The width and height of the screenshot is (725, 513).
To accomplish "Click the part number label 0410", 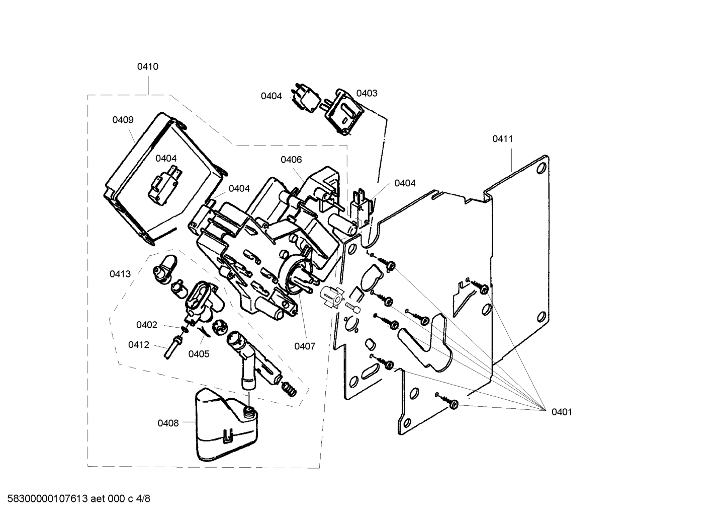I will pyautogui.click(x=148, y=66).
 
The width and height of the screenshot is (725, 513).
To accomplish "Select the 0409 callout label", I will pyautogui.click(x=123, y=120).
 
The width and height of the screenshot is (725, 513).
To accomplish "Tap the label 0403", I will pyautogui.click(x=367, y=93).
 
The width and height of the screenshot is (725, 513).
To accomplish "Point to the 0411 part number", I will pyautogui.click(x=502, y=138).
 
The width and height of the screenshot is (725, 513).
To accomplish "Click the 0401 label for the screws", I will pyautogui.click(x=562, y=412).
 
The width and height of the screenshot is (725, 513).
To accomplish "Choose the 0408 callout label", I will pyautogui.click(x=168, y=423).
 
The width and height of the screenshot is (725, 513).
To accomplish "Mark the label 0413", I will pyautogui.click(x=120, y=274).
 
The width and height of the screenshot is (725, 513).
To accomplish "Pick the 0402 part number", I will pyautogui.click(x=147, y=325).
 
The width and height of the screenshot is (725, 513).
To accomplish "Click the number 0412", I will pyautogui.click(x=138, y=345).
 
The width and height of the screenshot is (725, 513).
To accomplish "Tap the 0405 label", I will pyautogui.click(x=199, y=354).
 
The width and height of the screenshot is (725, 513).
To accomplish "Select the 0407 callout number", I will pyautogui.click(x=305, y=346).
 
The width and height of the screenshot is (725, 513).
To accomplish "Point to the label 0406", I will pyautogui.click(x=291, y=160).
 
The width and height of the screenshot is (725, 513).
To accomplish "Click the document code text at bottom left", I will pyautogui.click(x=78, y=499).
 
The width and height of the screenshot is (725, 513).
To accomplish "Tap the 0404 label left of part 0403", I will pyautogui.click(x=271, y=96).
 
